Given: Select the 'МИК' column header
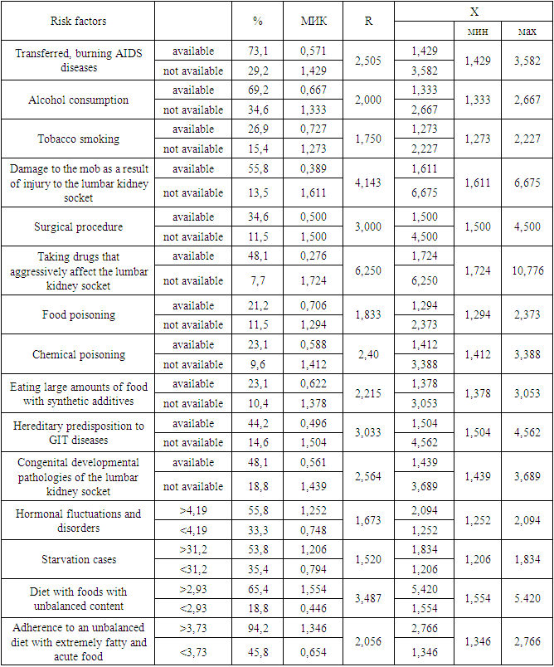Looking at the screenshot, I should (x=313, y=21).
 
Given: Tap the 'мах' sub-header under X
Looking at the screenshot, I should (x=526, y=32).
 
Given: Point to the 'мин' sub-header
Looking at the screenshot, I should (x=474, y=32).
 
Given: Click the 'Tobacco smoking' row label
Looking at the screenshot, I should (x=78, y=139).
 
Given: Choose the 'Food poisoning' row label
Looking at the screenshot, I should (x=78, y=315).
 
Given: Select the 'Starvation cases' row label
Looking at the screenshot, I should (x=78, y=560).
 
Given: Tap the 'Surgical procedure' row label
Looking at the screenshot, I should (x=78, y=227).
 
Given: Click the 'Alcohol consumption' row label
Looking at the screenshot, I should (x=78, y=100).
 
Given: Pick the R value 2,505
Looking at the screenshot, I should (x=367, y=61).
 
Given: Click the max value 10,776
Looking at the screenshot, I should (x=526, y=271).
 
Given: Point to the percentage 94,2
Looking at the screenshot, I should (x=257, y=632).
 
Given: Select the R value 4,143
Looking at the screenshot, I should (x=367, y=183).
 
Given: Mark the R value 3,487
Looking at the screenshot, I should (x=367, y=599).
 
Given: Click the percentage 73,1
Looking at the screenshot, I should (x=257, y=51).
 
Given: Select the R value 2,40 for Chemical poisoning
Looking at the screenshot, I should (x=367, y=354).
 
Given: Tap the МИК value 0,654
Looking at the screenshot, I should (x=313, y=653).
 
